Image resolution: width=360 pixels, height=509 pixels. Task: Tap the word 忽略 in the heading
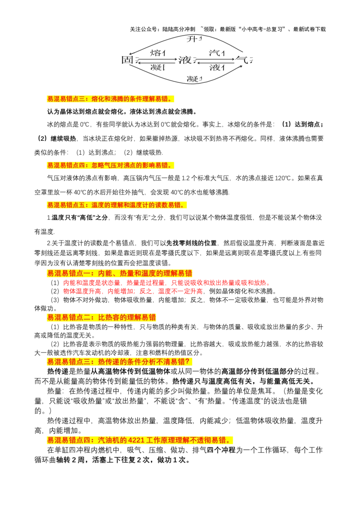pos(98,165)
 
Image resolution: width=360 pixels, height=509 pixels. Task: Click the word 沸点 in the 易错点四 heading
pos(130,165)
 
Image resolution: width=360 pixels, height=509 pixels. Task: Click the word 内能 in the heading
pos(105,273)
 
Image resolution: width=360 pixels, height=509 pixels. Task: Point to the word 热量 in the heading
pos(127,273)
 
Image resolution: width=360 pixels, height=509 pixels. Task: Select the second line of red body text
pos(133,291)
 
